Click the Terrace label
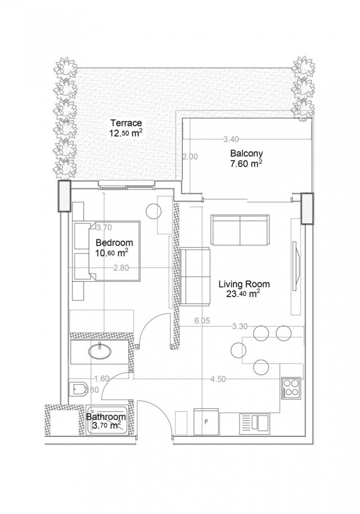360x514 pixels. pos(125,123)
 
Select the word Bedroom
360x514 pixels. pos(114,243)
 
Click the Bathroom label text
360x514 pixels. pos(106,417)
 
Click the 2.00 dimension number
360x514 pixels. pos(190,157)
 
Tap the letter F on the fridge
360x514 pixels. pos(206,422)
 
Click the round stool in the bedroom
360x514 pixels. pos(154,211)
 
